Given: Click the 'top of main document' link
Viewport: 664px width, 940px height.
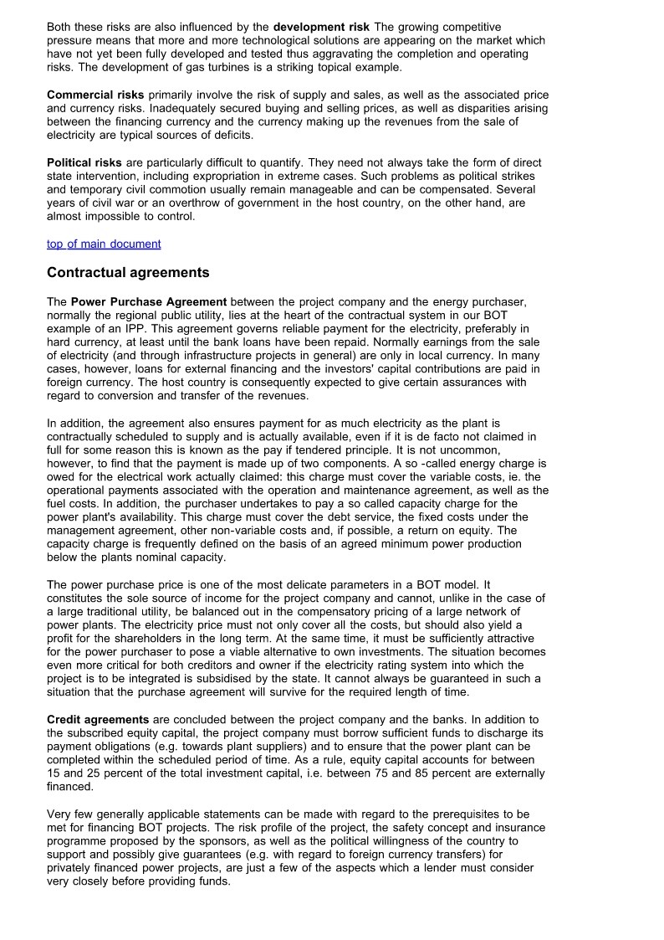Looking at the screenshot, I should [x=104, y=244].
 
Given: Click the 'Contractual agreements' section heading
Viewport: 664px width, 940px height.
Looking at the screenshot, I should [x=128, y=273].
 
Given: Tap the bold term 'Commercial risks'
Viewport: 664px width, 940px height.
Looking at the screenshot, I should [x=95, y=95].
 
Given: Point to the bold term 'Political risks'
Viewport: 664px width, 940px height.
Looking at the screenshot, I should [x=84, y=162].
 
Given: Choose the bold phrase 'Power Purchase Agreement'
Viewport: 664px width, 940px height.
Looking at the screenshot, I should [x=149, y=301].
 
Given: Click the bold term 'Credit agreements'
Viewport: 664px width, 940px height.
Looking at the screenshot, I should [x=98, y=720].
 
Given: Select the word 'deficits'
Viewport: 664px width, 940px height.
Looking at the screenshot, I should [x=232, y=135].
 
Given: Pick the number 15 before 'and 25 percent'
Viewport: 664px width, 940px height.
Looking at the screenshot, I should [x=54, y=773].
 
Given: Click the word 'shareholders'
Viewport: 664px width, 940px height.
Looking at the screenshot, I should [x=120, y=638].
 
